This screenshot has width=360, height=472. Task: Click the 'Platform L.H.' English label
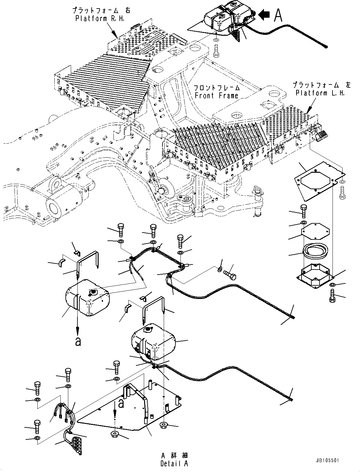[x=320, y=93]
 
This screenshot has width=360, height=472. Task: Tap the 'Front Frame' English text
[x=217, y=95]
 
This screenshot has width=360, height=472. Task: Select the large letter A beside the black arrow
[x=278, y=15]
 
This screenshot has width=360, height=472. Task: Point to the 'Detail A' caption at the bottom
[x=174, y=464]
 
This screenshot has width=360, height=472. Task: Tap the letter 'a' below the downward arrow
[x=78, y=342]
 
